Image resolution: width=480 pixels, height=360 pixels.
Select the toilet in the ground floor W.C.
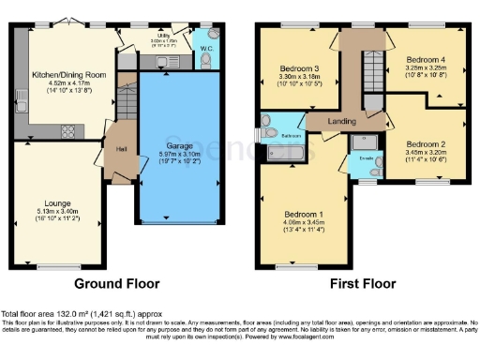(x=204, y=59)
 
